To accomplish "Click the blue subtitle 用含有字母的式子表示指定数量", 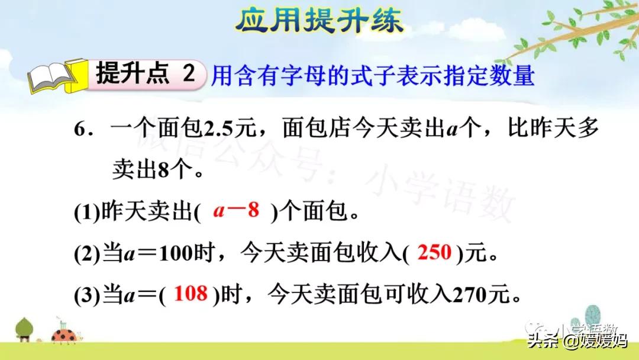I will coord(373,76).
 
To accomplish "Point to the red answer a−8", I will coord(236,211).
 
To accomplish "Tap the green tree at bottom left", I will coord(24,327).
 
